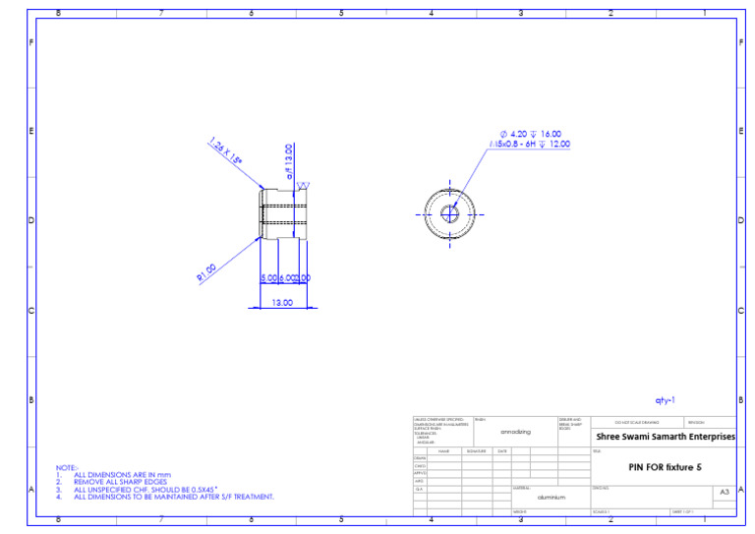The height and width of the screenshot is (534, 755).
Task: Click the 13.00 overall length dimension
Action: click(281, 303)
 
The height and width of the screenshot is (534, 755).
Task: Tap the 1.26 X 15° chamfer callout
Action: click(226, 153)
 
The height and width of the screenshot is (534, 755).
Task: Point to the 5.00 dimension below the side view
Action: click(268, 278)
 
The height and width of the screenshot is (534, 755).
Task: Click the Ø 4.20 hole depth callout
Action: click(531, 134)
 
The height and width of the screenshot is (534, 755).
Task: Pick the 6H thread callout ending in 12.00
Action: click(530, 145)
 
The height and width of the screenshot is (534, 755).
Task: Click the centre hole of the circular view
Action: click(450, 212)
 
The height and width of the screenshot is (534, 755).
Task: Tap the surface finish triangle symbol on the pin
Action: click(303, 186)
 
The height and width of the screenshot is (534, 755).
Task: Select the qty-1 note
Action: click(666, 400)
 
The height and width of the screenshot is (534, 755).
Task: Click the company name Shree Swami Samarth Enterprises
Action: click(666, 437)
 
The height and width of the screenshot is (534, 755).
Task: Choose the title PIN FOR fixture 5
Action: click(665, 466)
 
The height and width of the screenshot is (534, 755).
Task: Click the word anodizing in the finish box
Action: click(515, 432)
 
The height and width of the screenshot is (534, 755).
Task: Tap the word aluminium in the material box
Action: click(551, 498)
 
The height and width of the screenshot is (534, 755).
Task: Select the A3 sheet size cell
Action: click(725, 491)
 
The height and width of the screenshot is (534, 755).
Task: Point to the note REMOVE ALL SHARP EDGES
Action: click(120, 482)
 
